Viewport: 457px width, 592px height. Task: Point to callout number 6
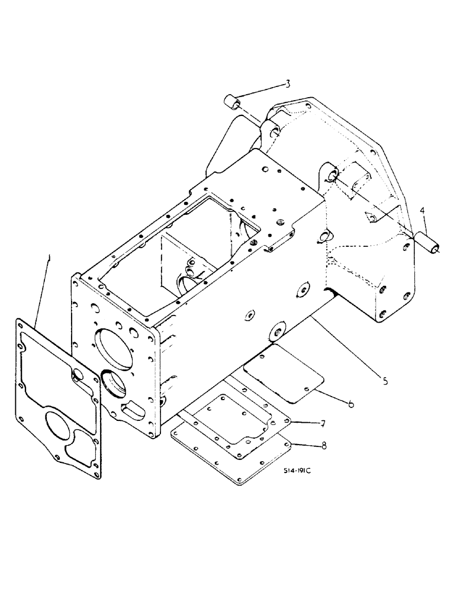pos(351,404)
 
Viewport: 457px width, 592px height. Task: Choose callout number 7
pos(322,423)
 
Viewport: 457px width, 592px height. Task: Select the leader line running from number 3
pos(260,94)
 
